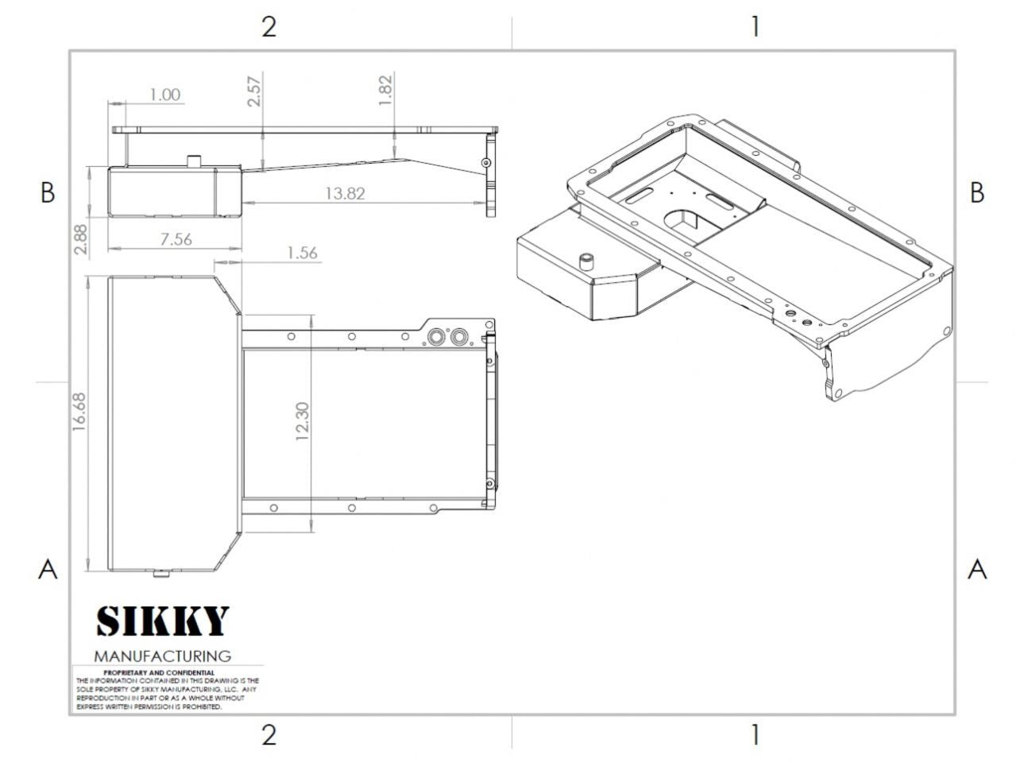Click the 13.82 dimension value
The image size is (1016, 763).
[x=345, y=193]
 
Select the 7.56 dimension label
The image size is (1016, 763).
[x=176, y=239]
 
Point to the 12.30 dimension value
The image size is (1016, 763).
[x=302, y=423]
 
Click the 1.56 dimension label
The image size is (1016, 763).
[x=302, y=253]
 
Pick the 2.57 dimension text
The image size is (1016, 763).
[x=254, y=91]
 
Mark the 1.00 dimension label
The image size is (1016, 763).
[x=164, y=95]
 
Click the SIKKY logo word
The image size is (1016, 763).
[x=163, y=621]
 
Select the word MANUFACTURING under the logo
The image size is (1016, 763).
[x=163, y=656]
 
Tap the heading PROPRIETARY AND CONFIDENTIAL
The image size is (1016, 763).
[x=159, y=672]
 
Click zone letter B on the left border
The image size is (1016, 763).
[x=48, y=193]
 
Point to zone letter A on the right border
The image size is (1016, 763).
[x=977, y=569]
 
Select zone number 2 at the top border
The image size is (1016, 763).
[x=269, y=27]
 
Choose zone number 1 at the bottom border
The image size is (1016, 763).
[x=755, y=735]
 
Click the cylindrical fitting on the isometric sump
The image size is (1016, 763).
[x=587, y=261]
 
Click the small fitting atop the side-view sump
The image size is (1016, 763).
[x=193, y=161]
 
